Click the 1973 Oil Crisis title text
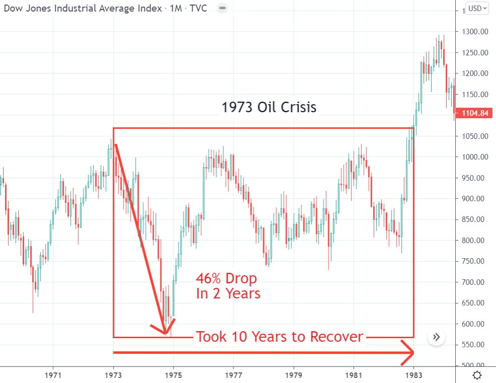(269, 107)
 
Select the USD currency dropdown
(476, 8)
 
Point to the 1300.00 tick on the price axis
(476, 32)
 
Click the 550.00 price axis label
(476, 345)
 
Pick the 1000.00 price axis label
(476, 157)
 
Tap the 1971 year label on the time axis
(53, 375)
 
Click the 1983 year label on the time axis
(414, 375)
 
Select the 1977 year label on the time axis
(233, 375)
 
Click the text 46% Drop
(226, 279)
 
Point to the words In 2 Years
(228, 293)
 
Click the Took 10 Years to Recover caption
(280, 337)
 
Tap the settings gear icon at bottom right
(477, 375)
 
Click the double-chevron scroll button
(436, 337)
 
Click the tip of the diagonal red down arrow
(165, 332)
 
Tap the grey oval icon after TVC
(223, 8)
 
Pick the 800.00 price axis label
(476, 241)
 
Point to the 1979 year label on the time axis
(294, 375)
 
